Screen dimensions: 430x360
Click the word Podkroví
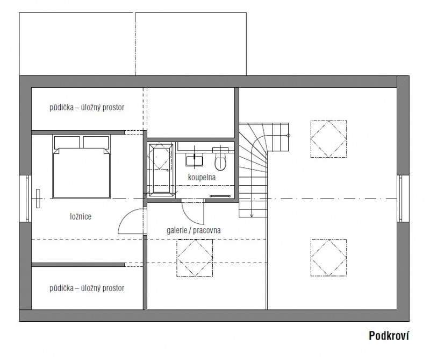(389, 336)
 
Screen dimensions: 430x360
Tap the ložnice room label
(81, 216)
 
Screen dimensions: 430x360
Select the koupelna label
(202, 178)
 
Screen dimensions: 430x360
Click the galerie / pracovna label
(193, 230)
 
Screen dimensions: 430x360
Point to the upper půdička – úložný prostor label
(87, 107)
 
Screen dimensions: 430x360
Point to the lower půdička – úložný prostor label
(87, 288)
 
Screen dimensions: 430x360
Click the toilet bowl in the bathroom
(220, 161)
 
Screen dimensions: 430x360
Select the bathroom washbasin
(194, 160)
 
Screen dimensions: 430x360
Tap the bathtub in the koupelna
(160, 170)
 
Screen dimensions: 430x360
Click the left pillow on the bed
(67, 142)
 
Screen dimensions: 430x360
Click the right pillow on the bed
(96, 142)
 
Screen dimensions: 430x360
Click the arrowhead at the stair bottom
(252, 215)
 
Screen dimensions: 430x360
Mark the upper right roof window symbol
(328, 139)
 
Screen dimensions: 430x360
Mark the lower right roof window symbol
(328, 258)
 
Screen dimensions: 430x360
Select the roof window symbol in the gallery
(195, 258)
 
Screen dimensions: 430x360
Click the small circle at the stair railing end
(288, 136)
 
